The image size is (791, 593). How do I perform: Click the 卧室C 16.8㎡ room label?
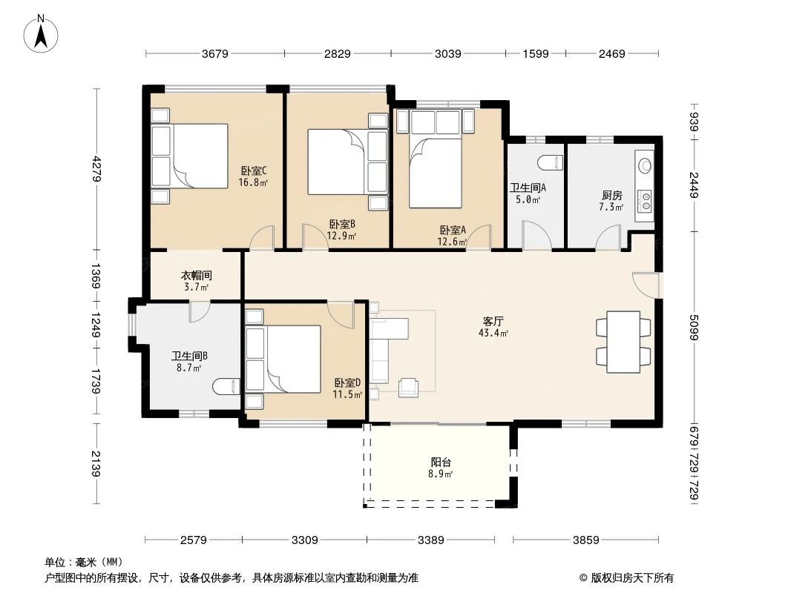pyautogui.click(x=253, y=176)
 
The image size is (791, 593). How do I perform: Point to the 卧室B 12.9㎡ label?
pyautogui.click(x=341, y=230)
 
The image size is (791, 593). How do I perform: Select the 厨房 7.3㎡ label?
pyautogui.click(x=611, y=201)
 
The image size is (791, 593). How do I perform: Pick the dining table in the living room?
pyautogui.click(x=622, y=342)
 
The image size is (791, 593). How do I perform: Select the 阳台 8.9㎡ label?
pyautogui.click(x=440, y=467)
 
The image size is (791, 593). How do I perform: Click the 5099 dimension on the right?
pyautogui.click(x=695, y=326)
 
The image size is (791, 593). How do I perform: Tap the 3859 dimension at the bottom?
pyautogui.click(x=586, y=540)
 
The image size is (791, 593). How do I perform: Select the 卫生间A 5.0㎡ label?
pyautogui.click(x=528, y=193)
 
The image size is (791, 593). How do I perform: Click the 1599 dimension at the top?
pyautogui.click(x=535, y=53)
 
